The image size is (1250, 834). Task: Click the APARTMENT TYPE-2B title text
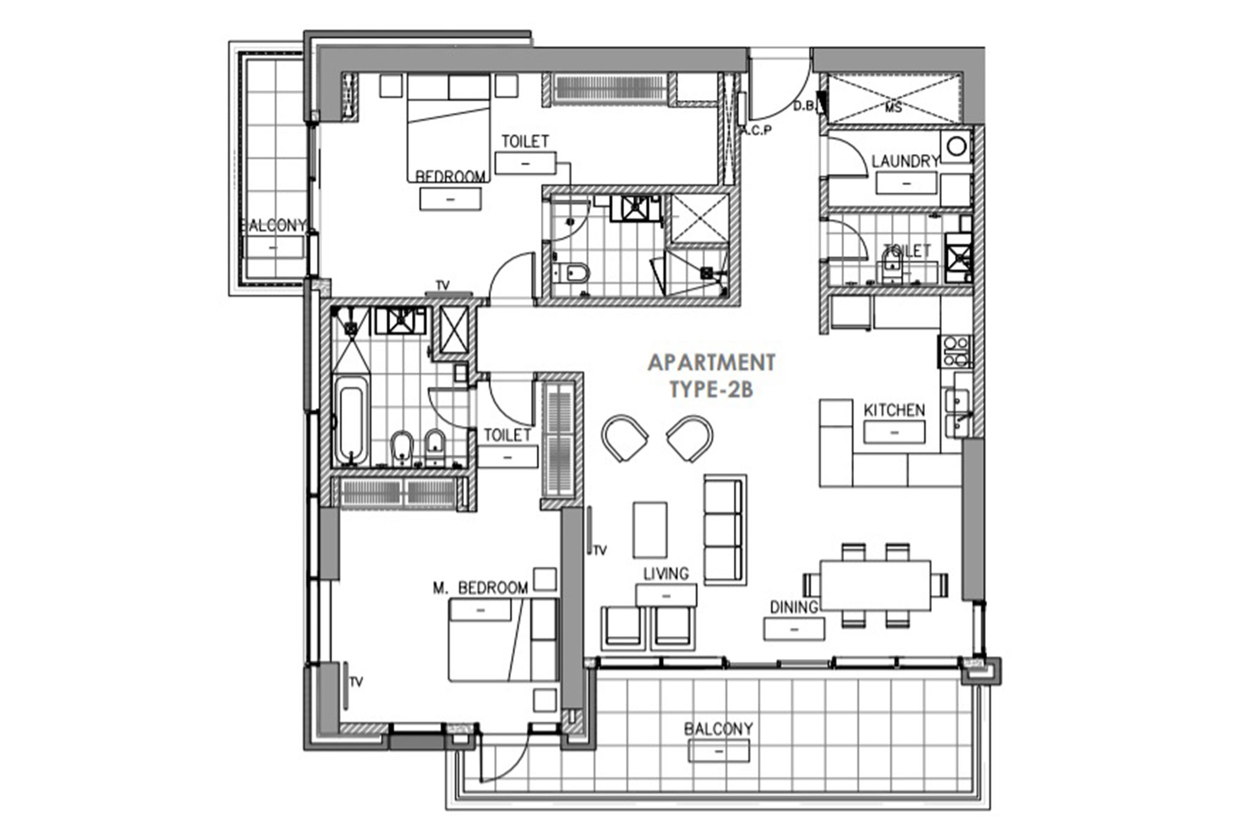[712, 376]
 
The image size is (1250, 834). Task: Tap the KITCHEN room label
[894, 410]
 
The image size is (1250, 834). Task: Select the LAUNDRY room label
[905, 161]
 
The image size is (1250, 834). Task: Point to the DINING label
[793, 607]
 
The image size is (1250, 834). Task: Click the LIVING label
[666, 574]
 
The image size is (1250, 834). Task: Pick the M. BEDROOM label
[480, 588]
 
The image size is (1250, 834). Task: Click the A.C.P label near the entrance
[756, 130]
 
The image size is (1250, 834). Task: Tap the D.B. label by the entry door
[804, 106]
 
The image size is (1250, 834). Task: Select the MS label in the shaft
[894, 107]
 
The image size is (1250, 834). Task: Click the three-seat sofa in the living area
[725, 529]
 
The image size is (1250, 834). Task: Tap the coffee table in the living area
[649, 529]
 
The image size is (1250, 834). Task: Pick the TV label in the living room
[600, 551]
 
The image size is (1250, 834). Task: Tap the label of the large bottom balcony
[718, 728]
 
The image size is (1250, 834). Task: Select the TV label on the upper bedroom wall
[443, 285]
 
